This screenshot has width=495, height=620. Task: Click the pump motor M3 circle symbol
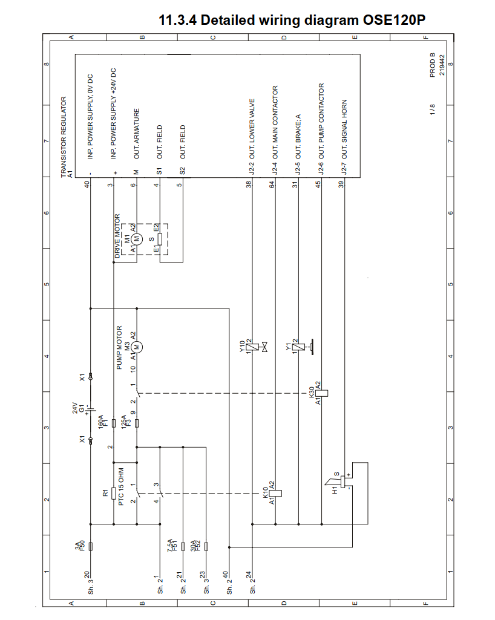click(137, 347)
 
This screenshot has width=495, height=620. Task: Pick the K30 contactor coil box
click(321, 392)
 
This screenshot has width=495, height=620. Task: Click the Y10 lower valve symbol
click(252, 347)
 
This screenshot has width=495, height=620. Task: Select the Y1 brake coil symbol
click(298, 347)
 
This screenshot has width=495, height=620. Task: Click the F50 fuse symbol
click(90, 547)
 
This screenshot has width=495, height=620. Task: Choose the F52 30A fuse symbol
click(206, 547)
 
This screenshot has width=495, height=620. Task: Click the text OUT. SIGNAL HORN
click(344, 131)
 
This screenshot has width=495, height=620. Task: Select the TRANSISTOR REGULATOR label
click(64, 137)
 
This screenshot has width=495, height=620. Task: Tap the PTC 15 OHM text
click(122, 486)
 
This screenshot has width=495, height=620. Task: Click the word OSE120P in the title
click(394, 20)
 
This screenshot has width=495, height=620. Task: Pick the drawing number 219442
click(442, 65)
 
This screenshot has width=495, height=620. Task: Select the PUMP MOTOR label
click(119, 348)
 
